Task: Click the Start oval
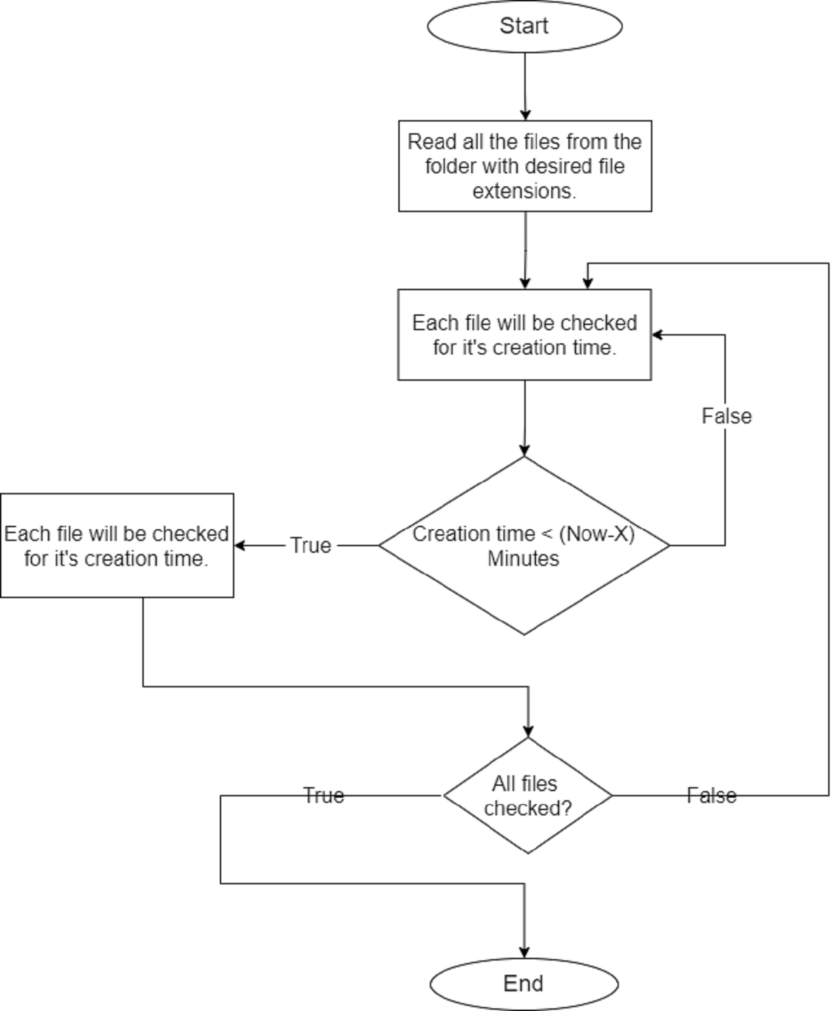coord(524,26)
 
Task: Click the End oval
coord(524,983)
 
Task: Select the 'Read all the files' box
coord(525,166)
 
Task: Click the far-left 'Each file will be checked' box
coord(117,546)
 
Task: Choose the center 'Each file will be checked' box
coord(524,335)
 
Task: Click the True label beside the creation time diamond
coord(310,546)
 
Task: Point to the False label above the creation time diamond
coord(726,416)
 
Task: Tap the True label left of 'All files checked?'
coord(324,796)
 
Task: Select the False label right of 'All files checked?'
coord(711,796)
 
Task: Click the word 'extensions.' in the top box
coord(524,191)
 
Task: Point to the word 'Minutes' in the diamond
coord(524,559)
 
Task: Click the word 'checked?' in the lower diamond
coord(528,808)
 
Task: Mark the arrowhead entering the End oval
coord(524,953)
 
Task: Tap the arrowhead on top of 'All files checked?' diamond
coord(528,731)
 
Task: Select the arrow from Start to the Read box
coord(525,86)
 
